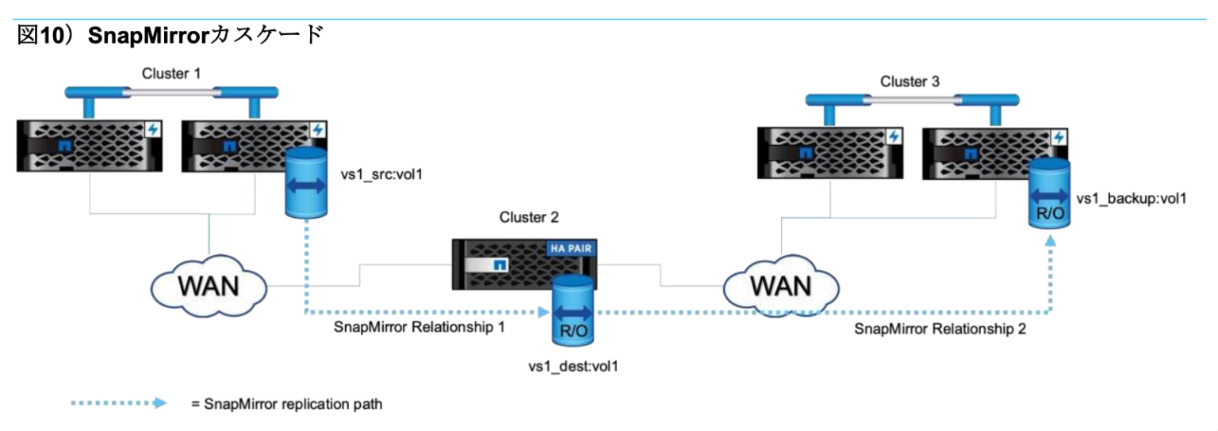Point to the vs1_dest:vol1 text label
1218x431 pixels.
(573, 366)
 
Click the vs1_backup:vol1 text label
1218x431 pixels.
(1131, 199)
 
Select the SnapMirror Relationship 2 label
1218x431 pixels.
(940, 329)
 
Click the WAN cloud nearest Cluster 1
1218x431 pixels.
(210, 284)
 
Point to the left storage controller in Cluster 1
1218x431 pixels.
(91, 145)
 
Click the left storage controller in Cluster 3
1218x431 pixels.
(830, 152)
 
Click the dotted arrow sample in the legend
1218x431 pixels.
(118, 403)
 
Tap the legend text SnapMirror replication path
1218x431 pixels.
(293, 404)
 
